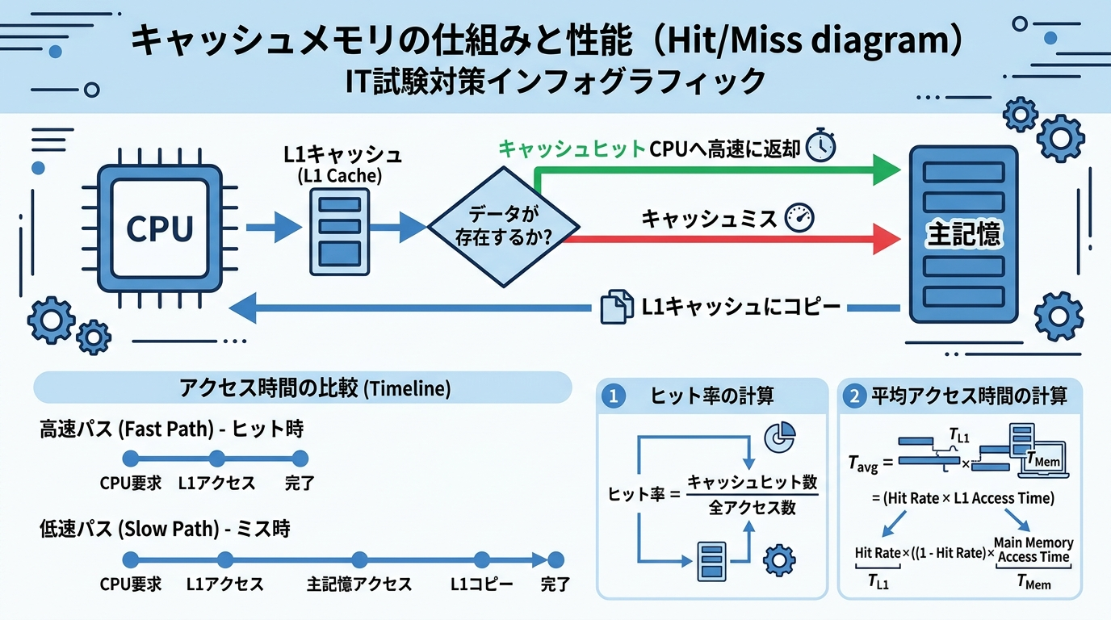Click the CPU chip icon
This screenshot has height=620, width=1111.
(x=160, y=228)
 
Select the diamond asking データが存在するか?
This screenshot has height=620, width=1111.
(x=504, y=227)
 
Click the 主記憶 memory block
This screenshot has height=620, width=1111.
(x=963, y=233)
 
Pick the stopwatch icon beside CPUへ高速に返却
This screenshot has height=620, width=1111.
(x=820, y=145)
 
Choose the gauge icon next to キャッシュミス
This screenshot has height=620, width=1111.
(x=799, y=217)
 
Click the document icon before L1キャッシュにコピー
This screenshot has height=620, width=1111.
(x=617, y=308)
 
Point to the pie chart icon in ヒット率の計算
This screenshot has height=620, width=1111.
(x=778, y=438)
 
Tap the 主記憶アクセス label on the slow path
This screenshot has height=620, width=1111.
(x=359, y=584)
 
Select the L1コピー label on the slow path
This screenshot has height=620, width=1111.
(x=481, y=584)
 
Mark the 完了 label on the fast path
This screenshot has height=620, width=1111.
(x=300, y=484)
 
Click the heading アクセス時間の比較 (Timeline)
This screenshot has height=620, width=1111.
(x=303, y=388)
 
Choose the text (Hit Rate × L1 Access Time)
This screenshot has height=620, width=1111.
(x=962, y=498)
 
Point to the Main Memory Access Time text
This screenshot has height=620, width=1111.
(x=1033, y=550)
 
